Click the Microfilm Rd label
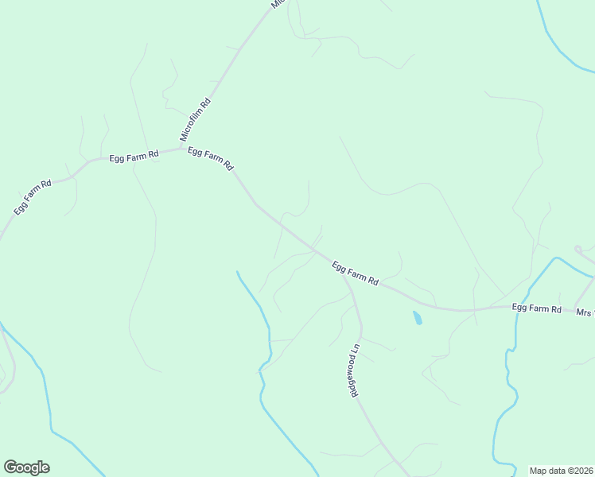click(x=196, y=119)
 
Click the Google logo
click(x=26, y=467)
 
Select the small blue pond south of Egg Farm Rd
click(x=417, y=318)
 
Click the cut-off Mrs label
click(x=585, y=312)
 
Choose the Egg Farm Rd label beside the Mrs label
click(x=537, y=308)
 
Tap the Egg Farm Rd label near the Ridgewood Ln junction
click(x=355, y=274)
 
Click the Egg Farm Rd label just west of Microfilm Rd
click(x=134, y=155)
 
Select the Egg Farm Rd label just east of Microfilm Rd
click(x=210, y=159)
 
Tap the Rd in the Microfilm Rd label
click(x=205, y=103)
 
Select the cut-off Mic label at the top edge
click(x=277, y=4)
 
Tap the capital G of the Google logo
click(x=10, y=467)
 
